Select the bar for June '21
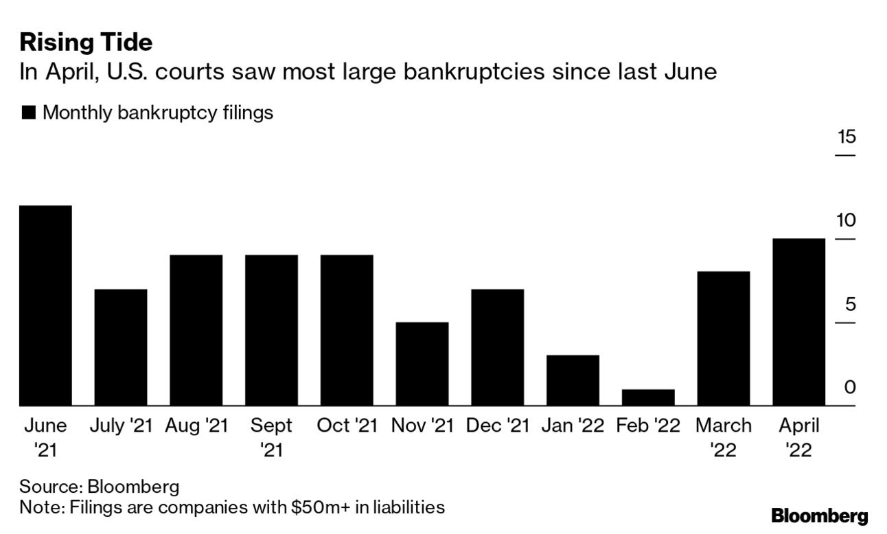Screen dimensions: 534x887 click(x=45, y=305)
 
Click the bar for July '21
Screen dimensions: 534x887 click(x=121, y=347)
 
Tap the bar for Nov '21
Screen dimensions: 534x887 click(x=422, y=364)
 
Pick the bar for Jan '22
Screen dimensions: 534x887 click(x=573, y=380)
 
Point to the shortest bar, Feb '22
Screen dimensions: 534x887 click(x=648, y=397)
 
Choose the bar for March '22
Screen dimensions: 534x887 click(x=724, y=338)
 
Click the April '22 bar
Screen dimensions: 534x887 click(x=798, y=322)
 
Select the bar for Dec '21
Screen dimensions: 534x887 click(x=498, y=347)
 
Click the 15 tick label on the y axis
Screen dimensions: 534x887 click(x=846, y=137)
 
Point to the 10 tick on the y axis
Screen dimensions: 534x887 click(x=846, y=220)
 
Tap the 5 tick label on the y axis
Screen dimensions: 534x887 click(x=850, y=304)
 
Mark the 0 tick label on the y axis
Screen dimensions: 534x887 click(x=850, y=388)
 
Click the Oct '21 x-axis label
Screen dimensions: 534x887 click(x=347, y=426)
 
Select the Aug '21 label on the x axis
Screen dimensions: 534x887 click(x=196, y=426)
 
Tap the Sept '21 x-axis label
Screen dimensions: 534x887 click(x=271, y=437)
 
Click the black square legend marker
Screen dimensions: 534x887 click(x=28, y=113)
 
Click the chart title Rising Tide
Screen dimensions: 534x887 click(x=86, y=43)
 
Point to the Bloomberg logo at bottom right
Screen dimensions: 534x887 click(x=819, y=516)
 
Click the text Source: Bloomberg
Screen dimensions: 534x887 click(x=99, y=487)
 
